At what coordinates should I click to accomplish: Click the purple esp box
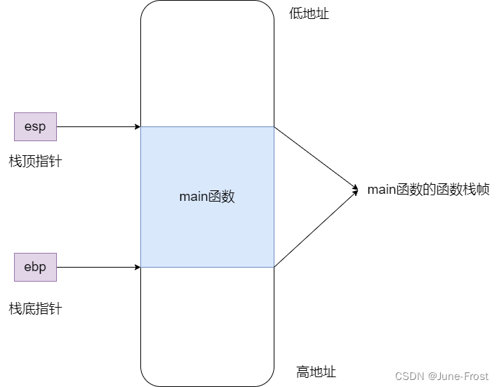pyautogui.click(x=35, y=126)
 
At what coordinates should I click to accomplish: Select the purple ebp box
pyautogui.click(x=35, y=267)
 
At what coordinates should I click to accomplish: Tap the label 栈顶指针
pyautogui.click(x=35, y=162)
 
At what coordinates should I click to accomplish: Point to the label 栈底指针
pyautogui.click(x=35, y=308)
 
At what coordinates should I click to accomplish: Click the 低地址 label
pyautogui.click(x=309, y=14)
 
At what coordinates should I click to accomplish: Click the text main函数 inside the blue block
pyautogui.click(x=207, y=197)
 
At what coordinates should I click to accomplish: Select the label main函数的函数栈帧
pyautogui.click(x=428, y=189)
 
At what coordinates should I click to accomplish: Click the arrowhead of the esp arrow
pyautogui.click(x=138, y=126)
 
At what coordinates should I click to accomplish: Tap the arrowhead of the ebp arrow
pyautogui.click(x=138, y=267)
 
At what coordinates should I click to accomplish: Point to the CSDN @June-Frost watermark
pyautogui.click(x=441, y=376)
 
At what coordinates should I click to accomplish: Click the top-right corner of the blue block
pyautogui.click(x=274, y=127)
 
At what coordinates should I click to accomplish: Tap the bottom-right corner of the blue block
pyautogui.click(x=274, y=267)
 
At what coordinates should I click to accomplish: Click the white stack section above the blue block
pyautogui.click(x=207, y=63)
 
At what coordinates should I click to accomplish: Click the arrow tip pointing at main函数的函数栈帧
pyautogui.click(x=356, y=190)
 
